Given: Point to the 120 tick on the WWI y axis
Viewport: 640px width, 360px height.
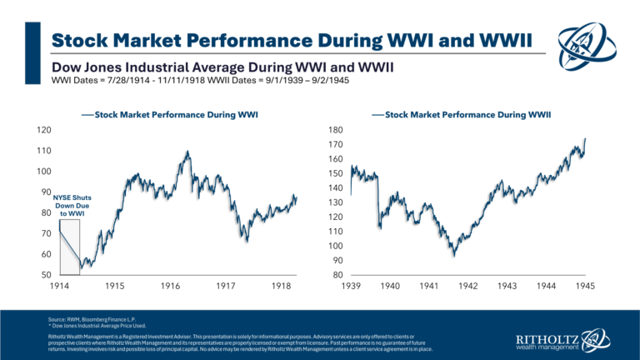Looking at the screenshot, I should point(45,130).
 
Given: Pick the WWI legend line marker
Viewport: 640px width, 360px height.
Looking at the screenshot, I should point(87,112).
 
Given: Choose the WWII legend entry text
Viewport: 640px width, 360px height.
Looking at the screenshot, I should point(442,112).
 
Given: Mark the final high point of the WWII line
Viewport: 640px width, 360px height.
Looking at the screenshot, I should point(585,138).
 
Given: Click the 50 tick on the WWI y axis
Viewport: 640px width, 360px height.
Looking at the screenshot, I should point(47,275).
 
